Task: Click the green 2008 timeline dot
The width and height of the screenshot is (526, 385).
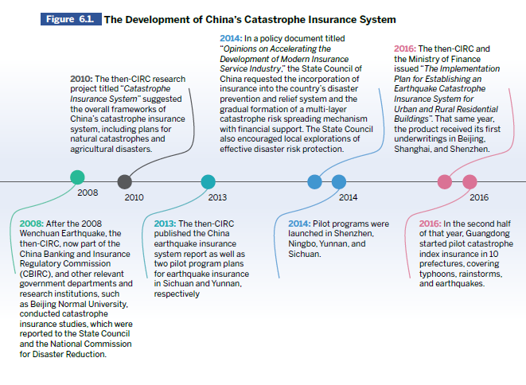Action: pos(77,177)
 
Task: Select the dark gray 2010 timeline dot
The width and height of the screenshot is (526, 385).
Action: pos(125,182)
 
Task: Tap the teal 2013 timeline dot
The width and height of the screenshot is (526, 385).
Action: pos(208,182)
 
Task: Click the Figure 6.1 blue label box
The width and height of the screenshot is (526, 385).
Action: pos(71,19)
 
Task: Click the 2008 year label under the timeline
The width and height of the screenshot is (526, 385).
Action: pos(88,192)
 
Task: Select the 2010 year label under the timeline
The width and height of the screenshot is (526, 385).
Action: pos(134,197)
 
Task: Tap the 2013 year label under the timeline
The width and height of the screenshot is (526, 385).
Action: pos(217,197)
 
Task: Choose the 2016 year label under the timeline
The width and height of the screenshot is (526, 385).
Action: pos(479,197)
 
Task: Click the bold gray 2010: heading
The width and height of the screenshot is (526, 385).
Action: pos(81,79)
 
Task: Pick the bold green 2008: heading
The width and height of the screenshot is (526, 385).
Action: pos(32,224)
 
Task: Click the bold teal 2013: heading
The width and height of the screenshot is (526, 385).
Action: pos(165,224)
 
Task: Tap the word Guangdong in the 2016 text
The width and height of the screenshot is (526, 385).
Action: pos(488,234)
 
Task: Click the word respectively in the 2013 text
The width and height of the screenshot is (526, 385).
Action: pos(177,294)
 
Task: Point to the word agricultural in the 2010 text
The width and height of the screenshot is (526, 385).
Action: pos(90,150)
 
